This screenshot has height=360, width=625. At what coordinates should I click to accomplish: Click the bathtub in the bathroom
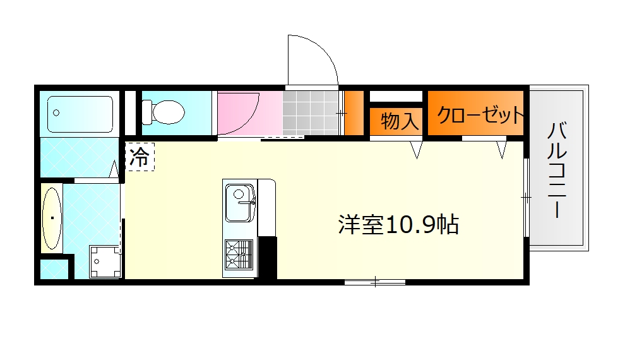pos(80,114)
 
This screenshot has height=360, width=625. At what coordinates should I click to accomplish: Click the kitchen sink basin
pos(239,203)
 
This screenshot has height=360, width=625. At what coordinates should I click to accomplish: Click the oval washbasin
pos(52,219)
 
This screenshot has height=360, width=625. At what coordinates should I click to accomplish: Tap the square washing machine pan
pos(105,260)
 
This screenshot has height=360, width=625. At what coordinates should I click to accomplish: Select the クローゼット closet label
pos(480,115)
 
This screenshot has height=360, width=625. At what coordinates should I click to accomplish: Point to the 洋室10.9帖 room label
pos(398,225)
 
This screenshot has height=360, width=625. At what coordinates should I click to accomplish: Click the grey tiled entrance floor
pos(311,112)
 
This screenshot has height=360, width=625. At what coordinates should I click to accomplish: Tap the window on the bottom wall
pos(375,282)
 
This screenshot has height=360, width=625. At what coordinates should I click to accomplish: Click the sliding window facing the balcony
pos(526,197)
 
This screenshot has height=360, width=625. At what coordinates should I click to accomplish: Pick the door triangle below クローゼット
pos(502,150)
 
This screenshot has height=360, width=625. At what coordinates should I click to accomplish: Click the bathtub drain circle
pos(56,113)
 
